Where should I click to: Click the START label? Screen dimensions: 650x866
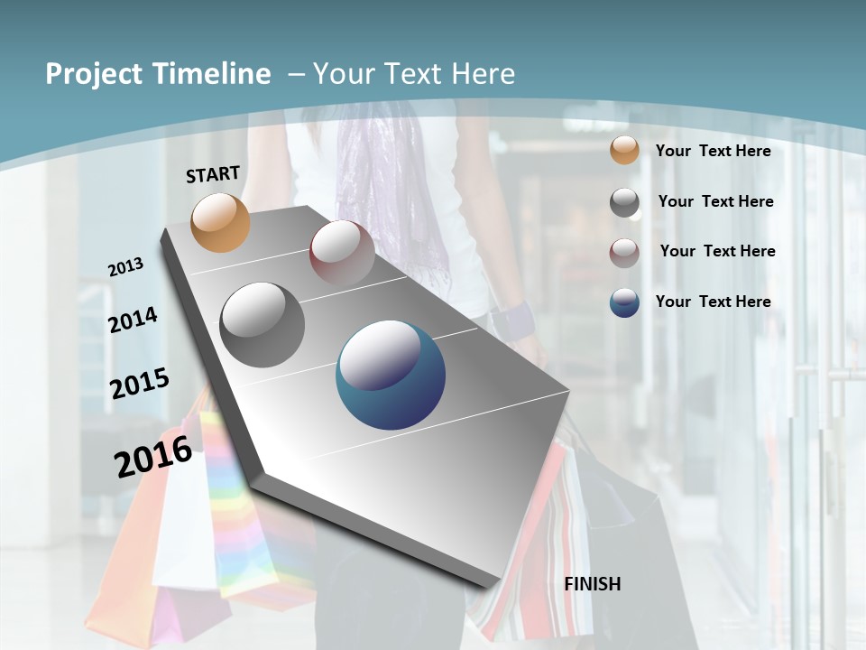213,174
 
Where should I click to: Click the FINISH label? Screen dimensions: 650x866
593,583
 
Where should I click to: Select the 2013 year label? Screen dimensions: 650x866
126,266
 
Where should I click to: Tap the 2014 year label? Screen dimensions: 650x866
134,320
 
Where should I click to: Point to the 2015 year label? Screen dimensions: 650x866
140,384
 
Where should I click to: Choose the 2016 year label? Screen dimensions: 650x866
153,456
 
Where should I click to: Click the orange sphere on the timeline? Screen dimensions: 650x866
221,222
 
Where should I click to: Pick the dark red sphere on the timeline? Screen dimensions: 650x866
342,252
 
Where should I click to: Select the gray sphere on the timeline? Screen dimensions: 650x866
263,325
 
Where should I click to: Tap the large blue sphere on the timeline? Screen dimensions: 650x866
391,375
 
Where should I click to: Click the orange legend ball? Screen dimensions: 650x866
624,150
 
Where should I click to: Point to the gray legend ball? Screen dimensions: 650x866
624,202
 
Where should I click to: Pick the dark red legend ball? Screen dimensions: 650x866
624,253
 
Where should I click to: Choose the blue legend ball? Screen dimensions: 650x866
624,302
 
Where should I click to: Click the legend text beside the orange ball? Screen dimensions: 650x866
713,151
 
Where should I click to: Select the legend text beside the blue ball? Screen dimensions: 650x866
713,302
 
